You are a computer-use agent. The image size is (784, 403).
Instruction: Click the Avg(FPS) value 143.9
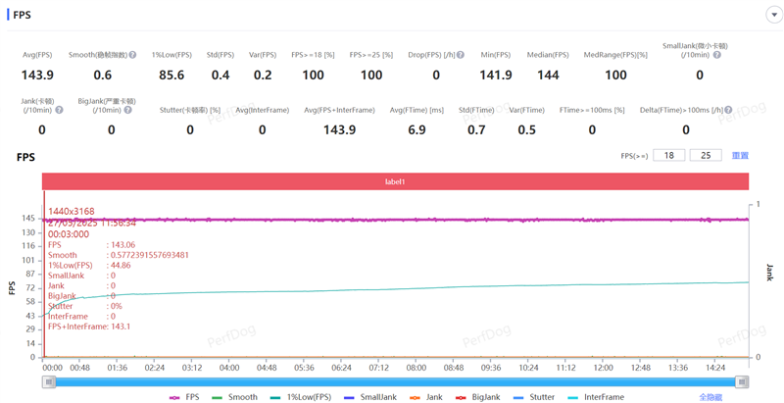point(37,76)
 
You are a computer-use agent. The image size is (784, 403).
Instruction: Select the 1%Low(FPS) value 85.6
point(171,76)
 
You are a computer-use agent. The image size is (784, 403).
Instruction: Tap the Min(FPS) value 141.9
point(496,76)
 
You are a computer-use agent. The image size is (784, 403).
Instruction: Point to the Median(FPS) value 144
point(548,76)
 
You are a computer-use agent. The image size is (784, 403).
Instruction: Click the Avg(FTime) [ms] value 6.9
point(416,129)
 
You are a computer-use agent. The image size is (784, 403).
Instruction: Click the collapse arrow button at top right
point(773,15)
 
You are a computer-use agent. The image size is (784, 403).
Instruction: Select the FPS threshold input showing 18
point(668,155)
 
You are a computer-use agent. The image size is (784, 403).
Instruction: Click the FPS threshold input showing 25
point(706,155)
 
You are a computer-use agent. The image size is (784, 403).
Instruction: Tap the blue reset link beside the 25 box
point(740,156)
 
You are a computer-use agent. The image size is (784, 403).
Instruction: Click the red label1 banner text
point(395,181)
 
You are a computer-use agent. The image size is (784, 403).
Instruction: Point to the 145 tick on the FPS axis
point(29,219)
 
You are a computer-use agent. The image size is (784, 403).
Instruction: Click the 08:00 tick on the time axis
point(416,369)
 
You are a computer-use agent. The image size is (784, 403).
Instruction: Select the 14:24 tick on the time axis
point(714,369)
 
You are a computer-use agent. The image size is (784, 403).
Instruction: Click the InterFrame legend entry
point(596,397)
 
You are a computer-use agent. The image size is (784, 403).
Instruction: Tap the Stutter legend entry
point(534,397)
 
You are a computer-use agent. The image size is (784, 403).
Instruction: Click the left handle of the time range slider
point(49,381)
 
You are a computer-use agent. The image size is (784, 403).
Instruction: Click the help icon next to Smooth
point(132,55)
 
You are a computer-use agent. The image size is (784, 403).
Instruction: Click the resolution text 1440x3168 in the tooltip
point(72,212)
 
